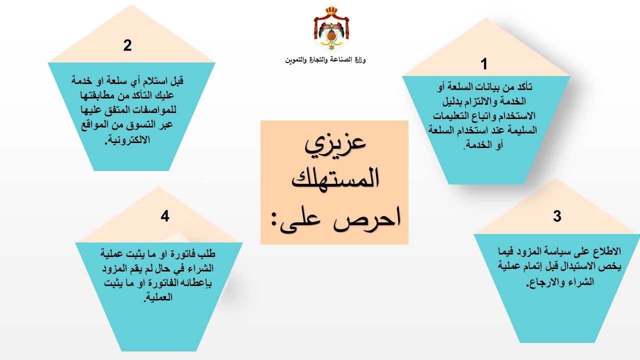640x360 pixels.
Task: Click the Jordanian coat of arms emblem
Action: click(x=331, y=28)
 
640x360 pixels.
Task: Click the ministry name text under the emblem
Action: click(x=325, y=60)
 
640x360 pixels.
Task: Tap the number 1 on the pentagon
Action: click(x=483, y=63)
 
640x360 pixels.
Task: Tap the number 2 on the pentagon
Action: click(x=127, y=45)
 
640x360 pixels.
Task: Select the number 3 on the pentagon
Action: click(x=557, y=216)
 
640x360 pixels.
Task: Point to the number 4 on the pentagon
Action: click(x=165, y=216)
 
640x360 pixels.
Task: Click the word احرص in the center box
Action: click(x=367, y=219)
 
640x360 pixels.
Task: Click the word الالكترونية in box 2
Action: click(x=128, y=139)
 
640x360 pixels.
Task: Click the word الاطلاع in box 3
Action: click(x=607, y=251)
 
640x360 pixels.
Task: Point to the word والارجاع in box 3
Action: click(x=543, y=282)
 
